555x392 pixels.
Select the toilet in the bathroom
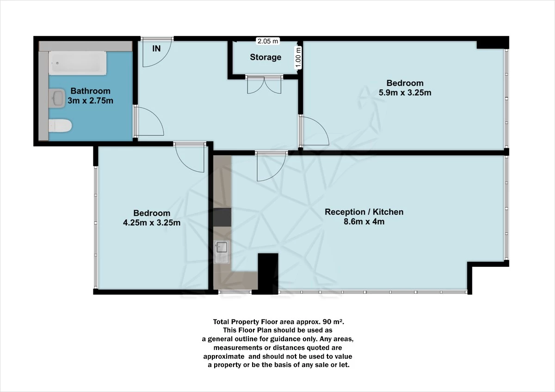60,125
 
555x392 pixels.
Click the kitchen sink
222,252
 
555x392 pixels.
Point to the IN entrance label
157,48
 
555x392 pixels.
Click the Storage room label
265,57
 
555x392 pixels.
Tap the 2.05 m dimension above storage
268,41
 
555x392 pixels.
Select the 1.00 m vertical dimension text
298,58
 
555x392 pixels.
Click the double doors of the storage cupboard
264,84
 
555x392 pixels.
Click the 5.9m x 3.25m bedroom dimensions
405,92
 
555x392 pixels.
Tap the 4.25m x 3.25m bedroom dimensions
152,223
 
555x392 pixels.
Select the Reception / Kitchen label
364,212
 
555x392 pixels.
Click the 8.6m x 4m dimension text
364,222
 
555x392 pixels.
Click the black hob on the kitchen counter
222,217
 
